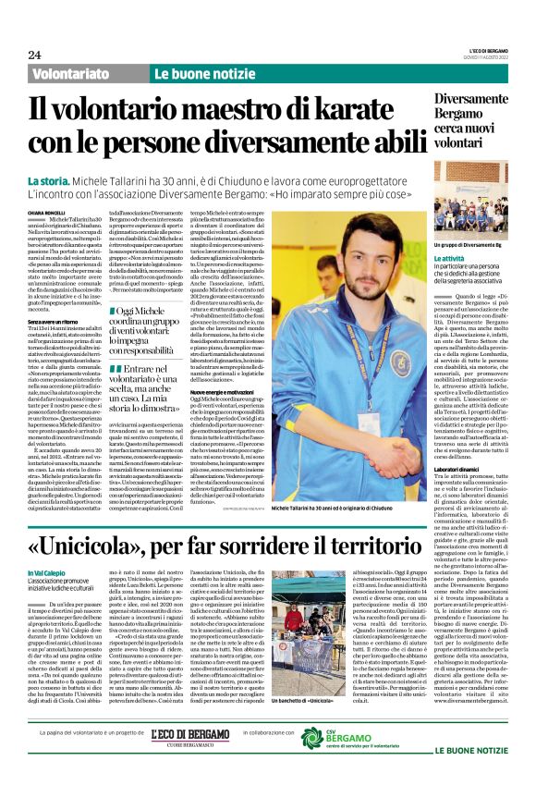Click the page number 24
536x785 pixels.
pyautogui.click(x=34, y=55)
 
